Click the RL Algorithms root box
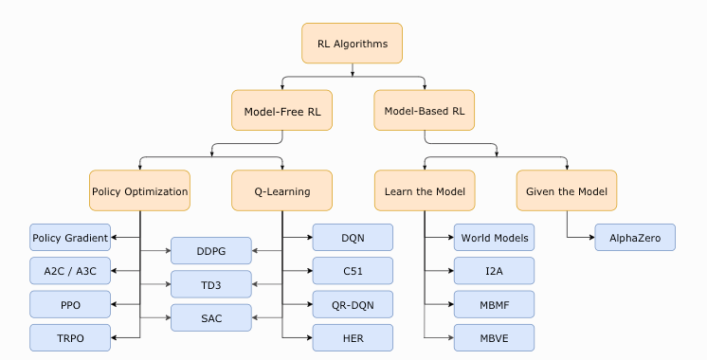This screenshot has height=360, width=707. (x=353, y=44)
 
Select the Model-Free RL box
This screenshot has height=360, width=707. (x=282, y=111)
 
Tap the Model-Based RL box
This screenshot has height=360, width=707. (x=424, y=111)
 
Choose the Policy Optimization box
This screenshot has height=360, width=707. (x=140, y=190)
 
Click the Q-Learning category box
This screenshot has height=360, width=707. (x=282, y=190)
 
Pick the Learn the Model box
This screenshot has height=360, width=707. (x=424, y=190)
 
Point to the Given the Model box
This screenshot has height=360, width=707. (x=566, y=190)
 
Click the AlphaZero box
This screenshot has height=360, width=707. (x=635, y=237)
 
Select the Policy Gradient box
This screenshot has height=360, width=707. (x=70, y=237)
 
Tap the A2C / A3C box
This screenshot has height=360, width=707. (x=70, y=271)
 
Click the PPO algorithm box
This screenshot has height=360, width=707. (x=70, y=304)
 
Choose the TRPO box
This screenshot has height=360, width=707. (x=70, y=337)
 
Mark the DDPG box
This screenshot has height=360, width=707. (x=211, y=250)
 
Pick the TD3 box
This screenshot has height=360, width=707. (x=211, y=284)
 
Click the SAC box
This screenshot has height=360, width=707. (x=211, y=317)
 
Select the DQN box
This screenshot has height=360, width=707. (x=353, y=237)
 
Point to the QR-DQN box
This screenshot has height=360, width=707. (x=353, y=304)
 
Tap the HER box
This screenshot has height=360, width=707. (x=353, y=337)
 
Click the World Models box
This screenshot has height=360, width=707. (x=494, y=237)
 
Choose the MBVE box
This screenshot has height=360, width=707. (x=494, y=337)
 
